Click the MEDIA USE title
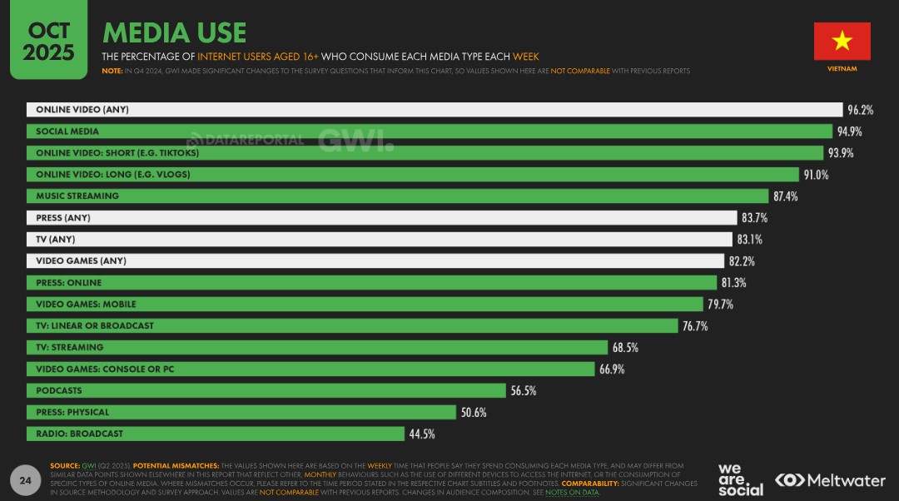coord(174,32)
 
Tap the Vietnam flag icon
coord(842,41)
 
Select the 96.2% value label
coord(861,110)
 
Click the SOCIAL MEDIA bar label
coord(67,131)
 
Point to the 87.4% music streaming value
coord(786,196)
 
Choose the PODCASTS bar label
coord(59,390)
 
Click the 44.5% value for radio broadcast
coord(421,434)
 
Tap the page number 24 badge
coord(25,480)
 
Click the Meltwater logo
coord(830,480)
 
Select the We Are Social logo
coord(740,479)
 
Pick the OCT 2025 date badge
coord(48,42)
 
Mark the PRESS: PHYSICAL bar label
coord(72,412)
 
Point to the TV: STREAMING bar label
coord(70,347)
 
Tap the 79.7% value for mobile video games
coord(720,305)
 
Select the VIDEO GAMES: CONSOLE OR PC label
coord(105,369)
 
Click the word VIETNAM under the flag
coord(842,69)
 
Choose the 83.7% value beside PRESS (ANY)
coord(753,218)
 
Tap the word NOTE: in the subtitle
coord(112,72)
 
